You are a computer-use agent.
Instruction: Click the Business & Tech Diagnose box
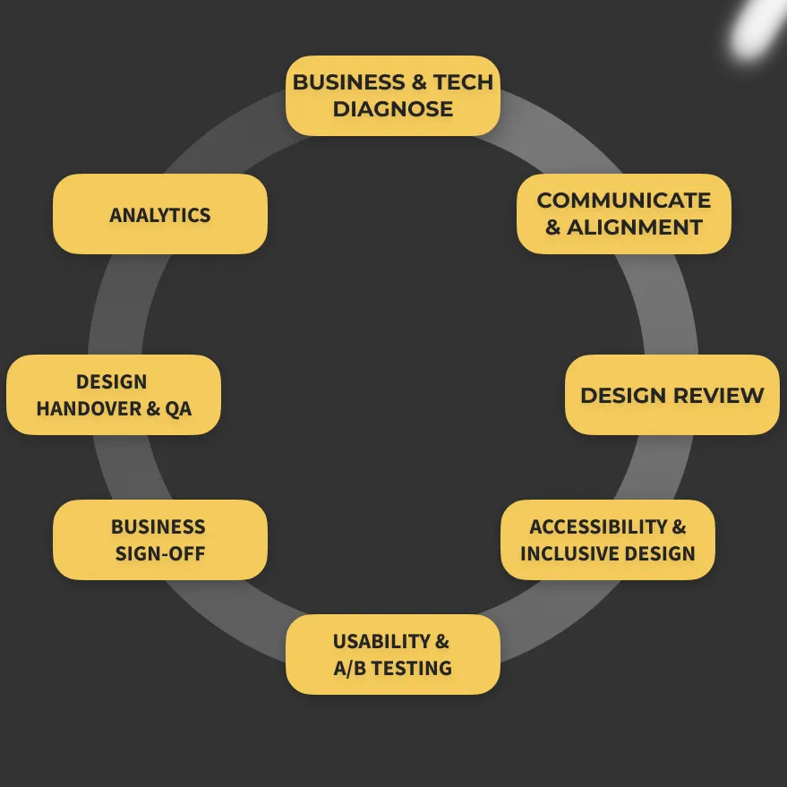point(392,96)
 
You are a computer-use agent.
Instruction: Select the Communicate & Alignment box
point(624,214)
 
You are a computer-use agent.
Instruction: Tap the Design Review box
point(672,395)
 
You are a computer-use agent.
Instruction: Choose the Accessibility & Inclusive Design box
point(607,540)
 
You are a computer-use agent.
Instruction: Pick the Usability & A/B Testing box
point(392,654)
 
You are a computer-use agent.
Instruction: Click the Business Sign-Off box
point(159,540)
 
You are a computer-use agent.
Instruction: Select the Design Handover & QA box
point(113,395)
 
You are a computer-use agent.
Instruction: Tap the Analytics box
point(159,215)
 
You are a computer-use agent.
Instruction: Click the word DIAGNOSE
point(393,109)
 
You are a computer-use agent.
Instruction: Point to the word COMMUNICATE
point(624,201)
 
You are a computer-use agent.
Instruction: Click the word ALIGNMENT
point(635,227)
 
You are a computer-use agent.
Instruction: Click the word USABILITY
point(381,641)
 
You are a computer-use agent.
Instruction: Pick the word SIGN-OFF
point(160,553)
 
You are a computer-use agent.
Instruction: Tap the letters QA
point(178,408)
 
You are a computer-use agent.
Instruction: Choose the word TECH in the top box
point(463,82)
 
